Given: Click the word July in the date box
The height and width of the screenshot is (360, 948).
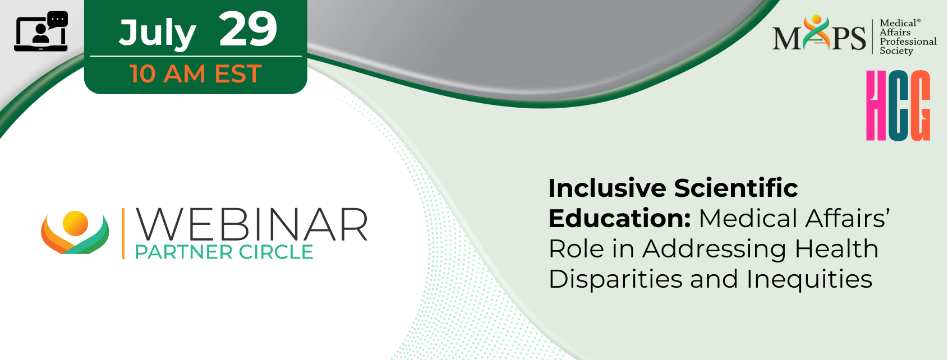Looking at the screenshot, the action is [x=158, y=34].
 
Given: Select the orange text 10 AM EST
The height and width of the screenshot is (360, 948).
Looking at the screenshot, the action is [x=196, y=73].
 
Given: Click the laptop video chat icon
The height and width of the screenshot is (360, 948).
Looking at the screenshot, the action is [x=41, y=32].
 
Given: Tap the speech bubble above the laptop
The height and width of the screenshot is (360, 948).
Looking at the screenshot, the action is [x=58, y=20].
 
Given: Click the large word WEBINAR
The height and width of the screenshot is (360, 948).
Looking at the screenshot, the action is [x=251, y=225].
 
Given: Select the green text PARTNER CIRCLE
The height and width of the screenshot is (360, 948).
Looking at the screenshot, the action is [x=224, y=252].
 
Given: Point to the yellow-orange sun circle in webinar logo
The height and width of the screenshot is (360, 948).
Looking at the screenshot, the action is [x=75, y=223].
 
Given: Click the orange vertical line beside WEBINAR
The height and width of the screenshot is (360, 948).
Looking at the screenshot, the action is [x=123, y=233].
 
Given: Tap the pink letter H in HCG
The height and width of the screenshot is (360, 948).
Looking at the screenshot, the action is [x=876, y=105].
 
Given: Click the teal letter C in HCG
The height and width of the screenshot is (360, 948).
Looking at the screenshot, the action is [x=898, y=105].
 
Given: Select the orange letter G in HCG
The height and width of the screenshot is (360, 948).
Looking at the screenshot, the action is [x=919, y=105].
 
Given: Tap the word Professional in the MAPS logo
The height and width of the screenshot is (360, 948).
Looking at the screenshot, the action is [x=908, y=41].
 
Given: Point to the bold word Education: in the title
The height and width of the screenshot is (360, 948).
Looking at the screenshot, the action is [x=620, y=218].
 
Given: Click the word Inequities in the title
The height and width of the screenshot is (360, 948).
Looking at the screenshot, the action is [x=809, y=280].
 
